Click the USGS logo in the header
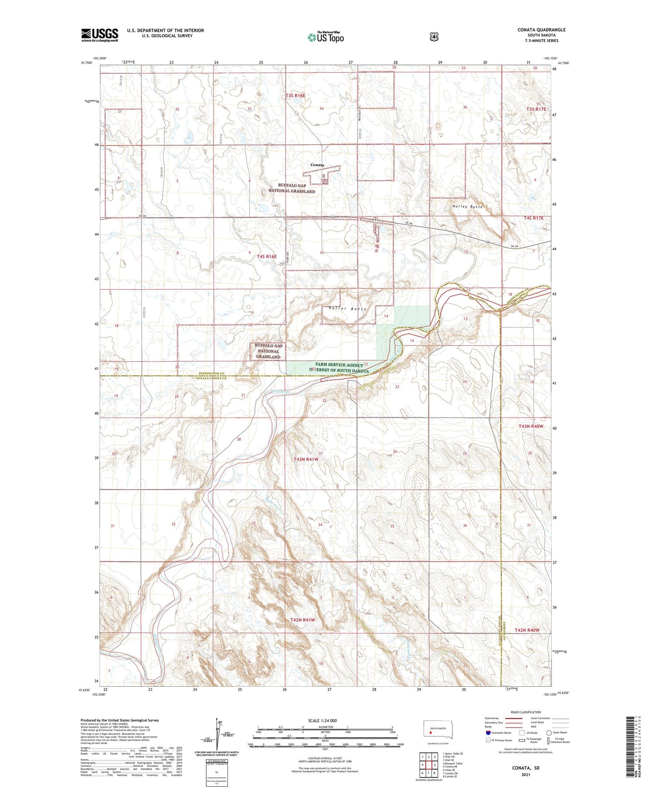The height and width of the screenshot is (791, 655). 100,35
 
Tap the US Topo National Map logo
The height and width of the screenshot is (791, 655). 325,37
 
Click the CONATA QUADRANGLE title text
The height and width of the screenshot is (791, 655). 541,30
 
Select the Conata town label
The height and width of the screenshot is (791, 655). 317,165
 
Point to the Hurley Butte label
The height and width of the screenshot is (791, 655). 467,206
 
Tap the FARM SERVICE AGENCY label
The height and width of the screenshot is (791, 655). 339,365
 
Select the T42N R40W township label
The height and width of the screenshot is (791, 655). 527,630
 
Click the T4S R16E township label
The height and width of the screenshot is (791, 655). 267,257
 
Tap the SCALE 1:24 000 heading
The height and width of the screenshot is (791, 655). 322,720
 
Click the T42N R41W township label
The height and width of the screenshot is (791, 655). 302,620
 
